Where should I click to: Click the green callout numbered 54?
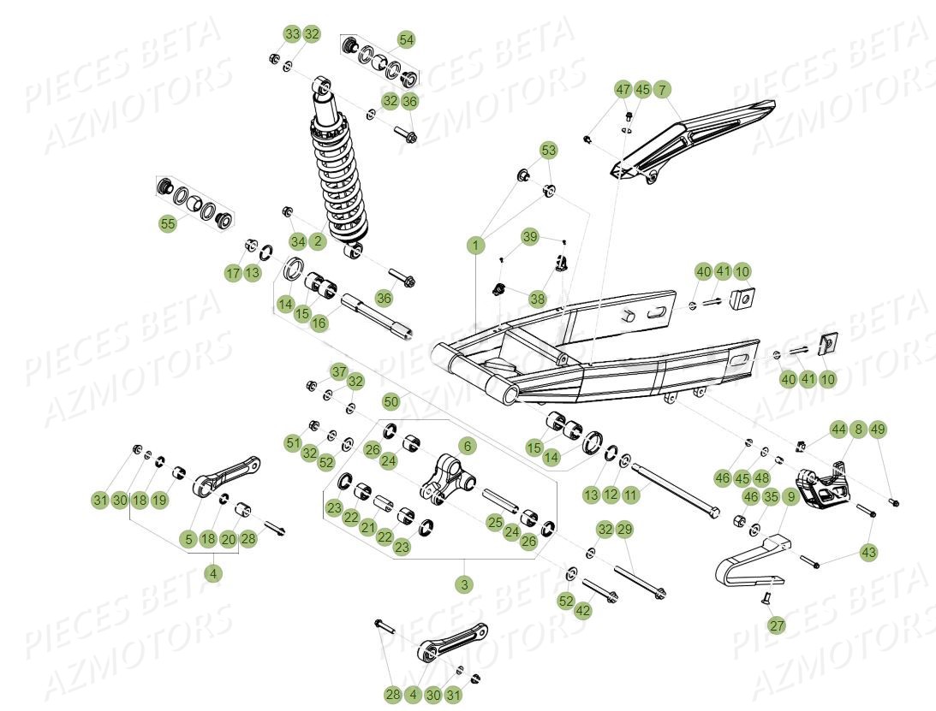point(406,39)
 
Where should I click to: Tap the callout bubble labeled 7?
point(663,90)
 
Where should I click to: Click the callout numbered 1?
point(475,246)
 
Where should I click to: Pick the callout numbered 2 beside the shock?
point(318,241)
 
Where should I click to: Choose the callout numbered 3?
point(464,584)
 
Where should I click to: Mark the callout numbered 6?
point(467,446)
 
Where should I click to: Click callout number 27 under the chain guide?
point(776,625)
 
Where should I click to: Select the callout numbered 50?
point(390,400)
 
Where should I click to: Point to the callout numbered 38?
point(537,299)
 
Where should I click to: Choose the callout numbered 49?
point(877,430)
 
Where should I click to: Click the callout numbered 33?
point(292,34)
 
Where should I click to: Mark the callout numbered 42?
point(583,611)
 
